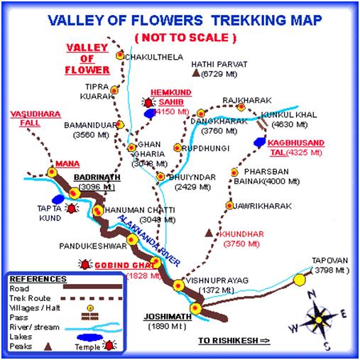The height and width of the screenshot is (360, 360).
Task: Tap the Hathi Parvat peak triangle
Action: pos(195,72)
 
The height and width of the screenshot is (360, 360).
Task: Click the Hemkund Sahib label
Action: pos(166,97)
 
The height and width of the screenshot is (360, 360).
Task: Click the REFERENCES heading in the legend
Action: pos(36,279)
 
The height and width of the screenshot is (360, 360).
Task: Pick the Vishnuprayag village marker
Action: pos(179,285)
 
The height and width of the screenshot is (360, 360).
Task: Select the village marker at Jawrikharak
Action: pos(229,205)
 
